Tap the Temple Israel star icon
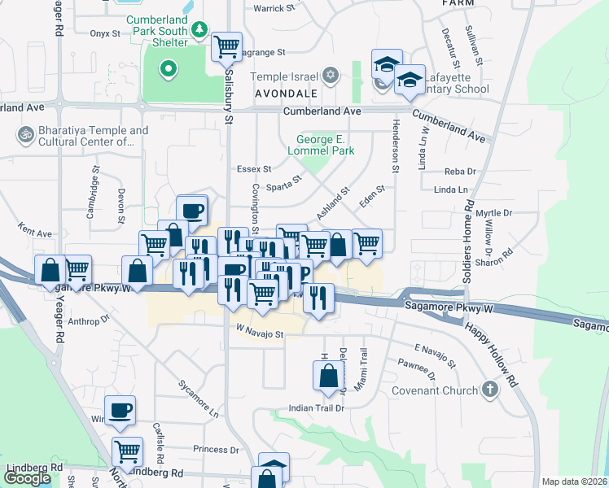[x=330, y=76]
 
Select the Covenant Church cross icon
[x=489, y=390]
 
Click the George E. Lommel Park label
[x=321, y=145]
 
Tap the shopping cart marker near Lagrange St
[x=227, y=46]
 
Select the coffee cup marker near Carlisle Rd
[x=120, y=410]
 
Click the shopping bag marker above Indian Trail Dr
[x=328, y=375]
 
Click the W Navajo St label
[x=260, y=333]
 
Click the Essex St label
[x=253, y=169]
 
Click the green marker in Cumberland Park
[x=168, y=69]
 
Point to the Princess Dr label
[x=216, y=449]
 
